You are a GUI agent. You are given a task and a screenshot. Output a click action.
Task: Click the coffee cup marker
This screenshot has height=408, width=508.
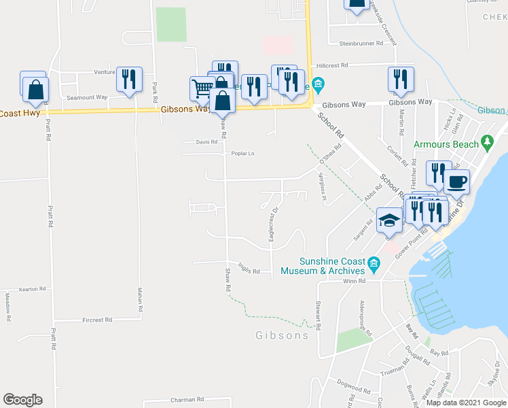[x=456, y=182]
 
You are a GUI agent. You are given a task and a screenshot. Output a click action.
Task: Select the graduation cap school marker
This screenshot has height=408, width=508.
[x=389, y=220]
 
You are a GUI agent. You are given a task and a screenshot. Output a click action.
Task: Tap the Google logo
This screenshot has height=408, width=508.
[x=22, y=400]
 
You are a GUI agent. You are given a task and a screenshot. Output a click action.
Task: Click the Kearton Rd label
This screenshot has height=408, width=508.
[x=32, y=289]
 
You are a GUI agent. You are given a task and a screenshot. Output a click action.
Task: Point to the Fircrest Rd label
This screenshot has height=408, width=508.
[x=97, y=320]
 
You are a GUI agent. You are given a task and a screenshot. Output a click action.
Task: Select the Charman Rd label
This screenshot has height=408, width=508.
[x=187, y=400]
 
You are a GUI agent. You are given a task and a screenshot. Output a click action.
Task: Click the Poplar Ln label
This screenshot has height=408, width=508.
[x=242, y=154]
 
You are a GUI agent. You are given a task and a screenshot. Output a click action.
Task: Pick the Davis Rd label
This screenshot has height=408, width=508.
[x=207, y=142]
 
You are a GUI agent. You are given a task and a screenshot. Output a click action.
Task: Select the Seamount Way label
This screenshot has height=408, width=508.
[x=87, y=97]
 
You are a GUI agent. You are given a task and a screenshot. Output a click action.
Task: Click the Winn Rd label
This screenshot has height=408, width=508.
[x=354, y=281]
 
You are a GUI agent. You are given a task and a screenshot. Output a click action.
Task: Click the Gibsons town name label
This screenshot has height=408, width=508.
[x=283, y=335]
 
